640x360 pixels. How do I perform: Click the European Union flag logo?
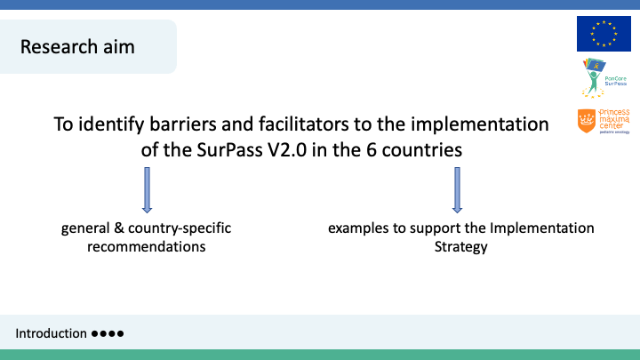(604, 34)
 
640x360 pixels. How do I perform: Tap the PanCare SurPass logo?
(604, 78)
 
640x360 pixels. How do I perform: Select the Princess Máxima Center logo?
(604, 121)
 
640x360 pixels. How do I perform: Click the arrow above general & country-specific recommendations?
(147, 190)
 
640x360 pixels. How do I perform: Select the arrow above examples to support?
(457, 190)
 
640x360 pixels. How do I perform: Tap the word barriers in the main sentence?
(183, 124)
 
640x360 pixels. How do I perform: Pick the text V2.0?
(287, 150)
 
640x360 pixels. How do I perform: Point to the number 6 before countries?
(371, 150)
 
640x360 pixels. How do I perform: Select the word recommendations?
(146, 246)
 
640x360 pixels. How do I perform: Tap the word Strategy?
(460, 247)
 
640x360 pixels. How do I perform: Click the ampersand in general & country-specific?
(119, 228)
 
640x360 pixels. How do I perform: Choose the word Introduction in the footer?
(51, 333)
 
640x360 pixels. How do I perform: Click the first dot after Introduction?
(95, 334)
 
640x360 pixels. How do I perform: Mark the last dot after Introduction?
(120, 334)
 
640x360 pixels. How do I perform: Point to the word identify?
(111, 124)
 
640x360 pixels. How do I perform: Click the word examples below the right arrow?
(358, 228)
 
